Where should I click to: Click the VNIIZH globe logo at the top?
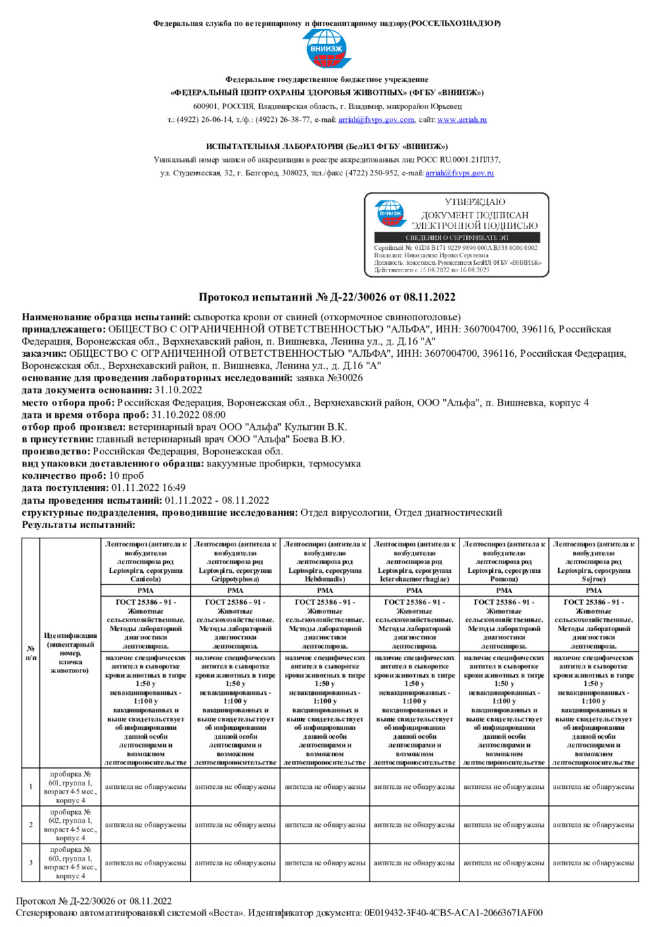(x=326, y=49)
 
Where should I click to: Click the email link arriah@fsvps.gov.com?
(x=376, y=120)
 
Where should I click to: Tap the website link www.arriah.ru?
(x=461, y=120)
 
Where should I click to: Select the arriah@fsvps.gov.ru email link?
(x=459, y=173)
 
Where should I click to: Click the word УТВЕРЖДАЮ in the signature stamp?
(x=474, y=202)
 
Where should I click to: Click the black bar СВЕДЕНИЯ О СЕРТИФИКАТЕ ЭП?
(x=457, y=238)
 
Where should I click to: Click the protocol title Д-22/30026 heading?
(x=327, y=297)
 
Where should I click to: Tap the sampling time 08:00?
(x=213, y=415)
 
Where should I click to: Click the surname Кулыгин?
(x=304, y=427)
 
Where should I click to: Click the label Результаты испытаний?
(x=78, y=525)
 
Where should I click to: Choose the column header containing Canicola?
(x=145, y=561)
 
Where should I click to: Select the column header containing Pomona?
(x=503, y=561)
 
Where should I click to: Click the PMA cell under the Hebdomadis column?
(x=325, y=590)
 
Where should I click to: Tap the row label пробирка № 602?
(x=70, y=825)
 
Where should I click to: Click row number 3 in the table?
(x=30, y=863)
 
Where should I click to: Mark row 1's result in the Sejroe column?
(x=593, y=787)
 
